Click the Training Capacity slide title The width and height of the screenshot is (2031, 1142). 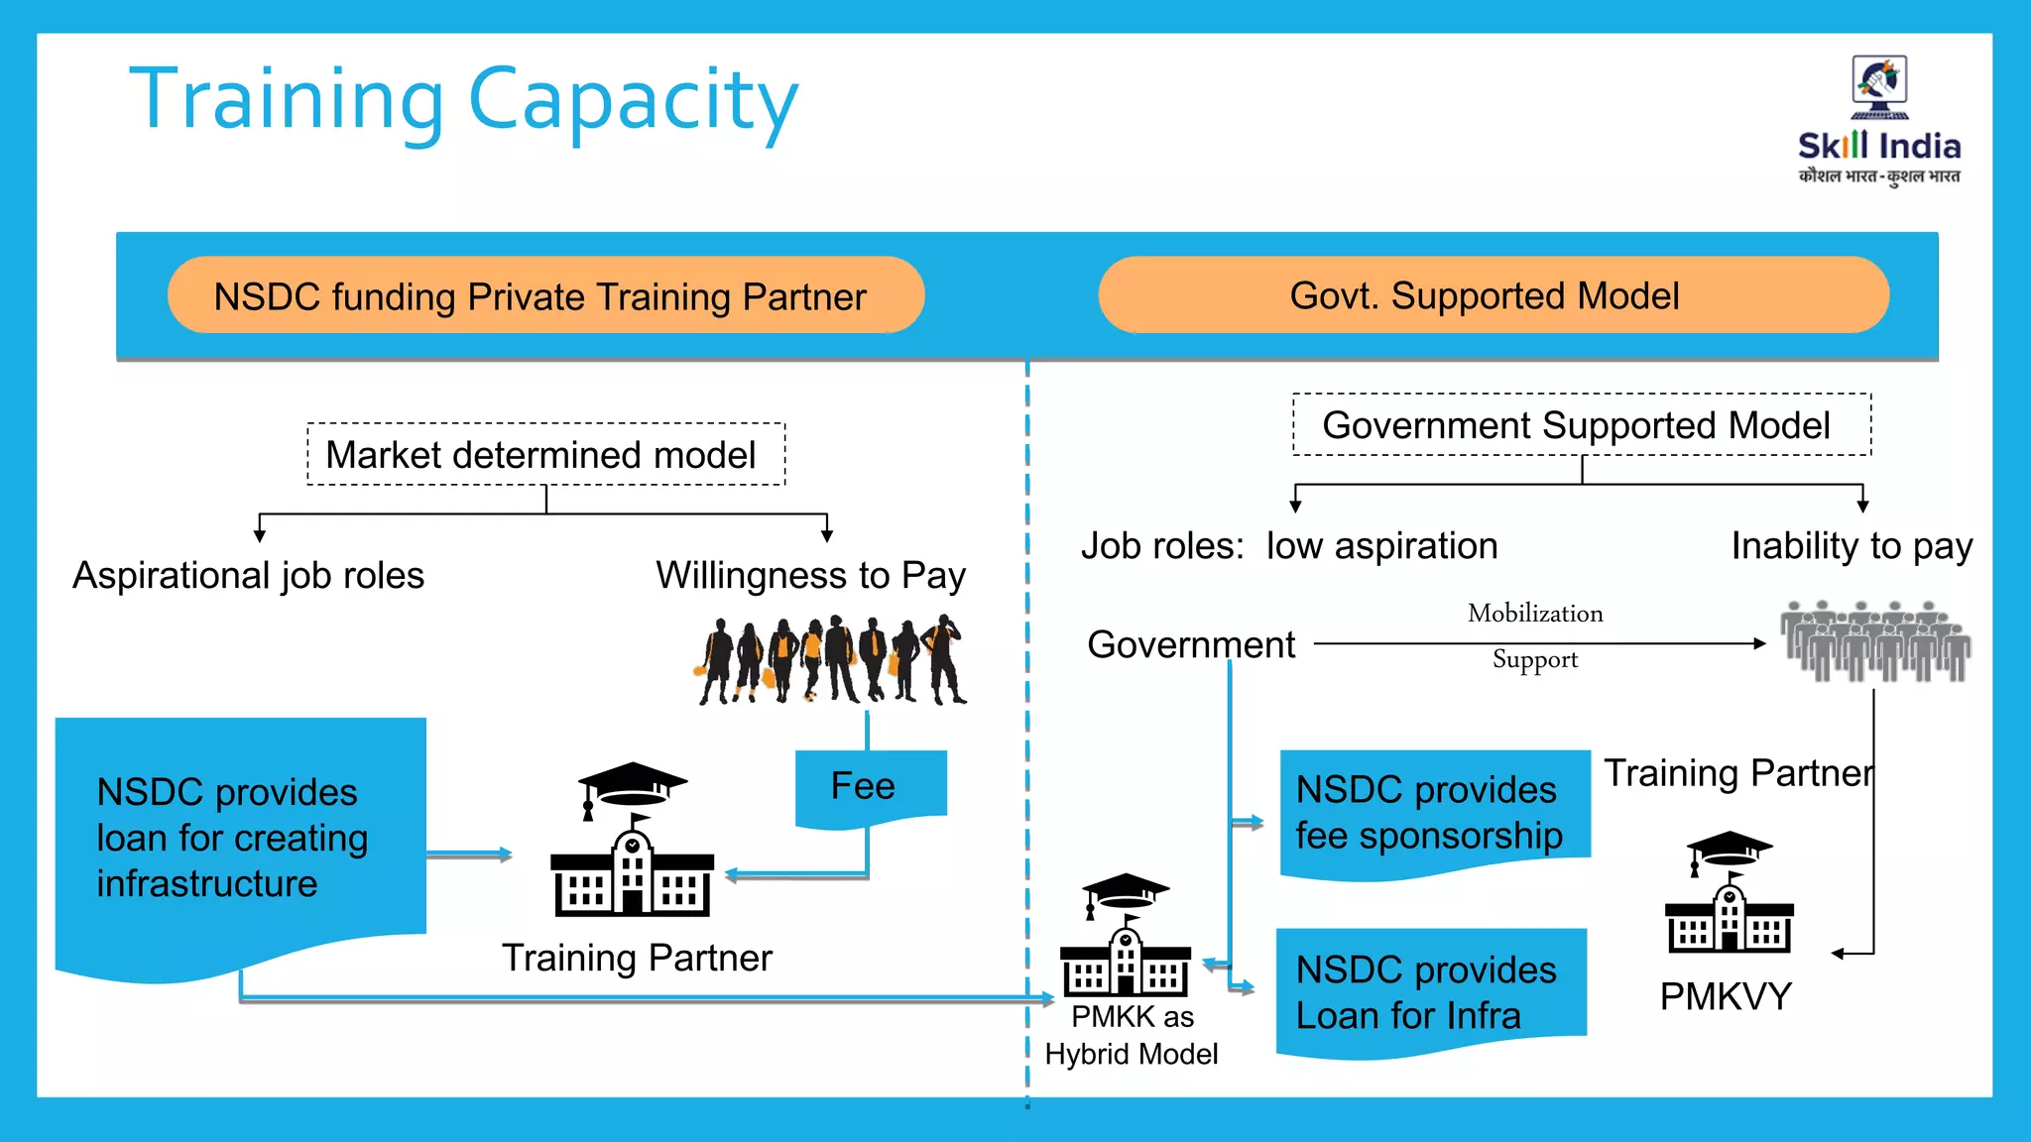463,100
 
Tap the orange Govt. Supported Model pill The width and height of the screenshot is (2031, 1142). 1493,295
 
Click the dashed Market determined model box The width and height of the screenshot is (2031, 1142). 545,455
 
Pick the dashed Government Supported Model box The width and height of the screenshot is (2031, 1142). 1581,425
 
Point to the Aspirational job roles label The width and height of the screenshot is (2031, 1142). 248,576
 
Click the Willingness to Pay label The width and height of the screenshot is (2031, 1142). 810,576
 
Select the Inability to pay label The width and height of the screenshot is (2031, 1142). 1851,546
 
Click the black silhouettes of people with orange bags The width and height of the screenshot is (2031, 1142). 831,660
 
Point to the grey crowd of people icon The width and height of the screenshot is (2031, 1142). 1874,641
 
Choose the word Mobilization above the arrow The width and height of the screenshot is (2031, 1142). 1535,614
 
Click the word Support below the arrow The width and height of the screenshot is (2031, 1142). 1535,660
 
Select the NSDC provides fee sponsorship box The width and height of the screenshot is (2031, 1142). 1434,813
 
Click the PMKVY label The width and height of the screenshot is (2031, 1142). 1726,996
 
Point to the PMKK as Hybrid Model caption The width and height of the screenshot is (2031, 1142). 1132,1035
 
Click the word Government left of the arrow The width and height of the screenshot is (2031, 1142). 1191,645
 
